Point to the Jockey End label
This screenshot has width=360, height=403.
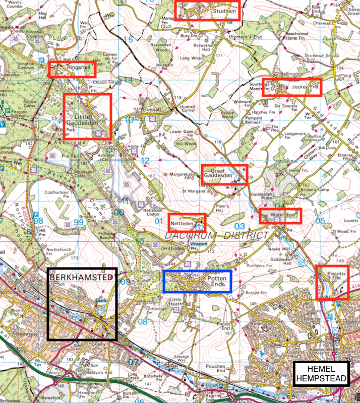click(306, 87)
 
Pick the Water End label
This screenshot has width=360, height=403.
click(282, 215)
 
